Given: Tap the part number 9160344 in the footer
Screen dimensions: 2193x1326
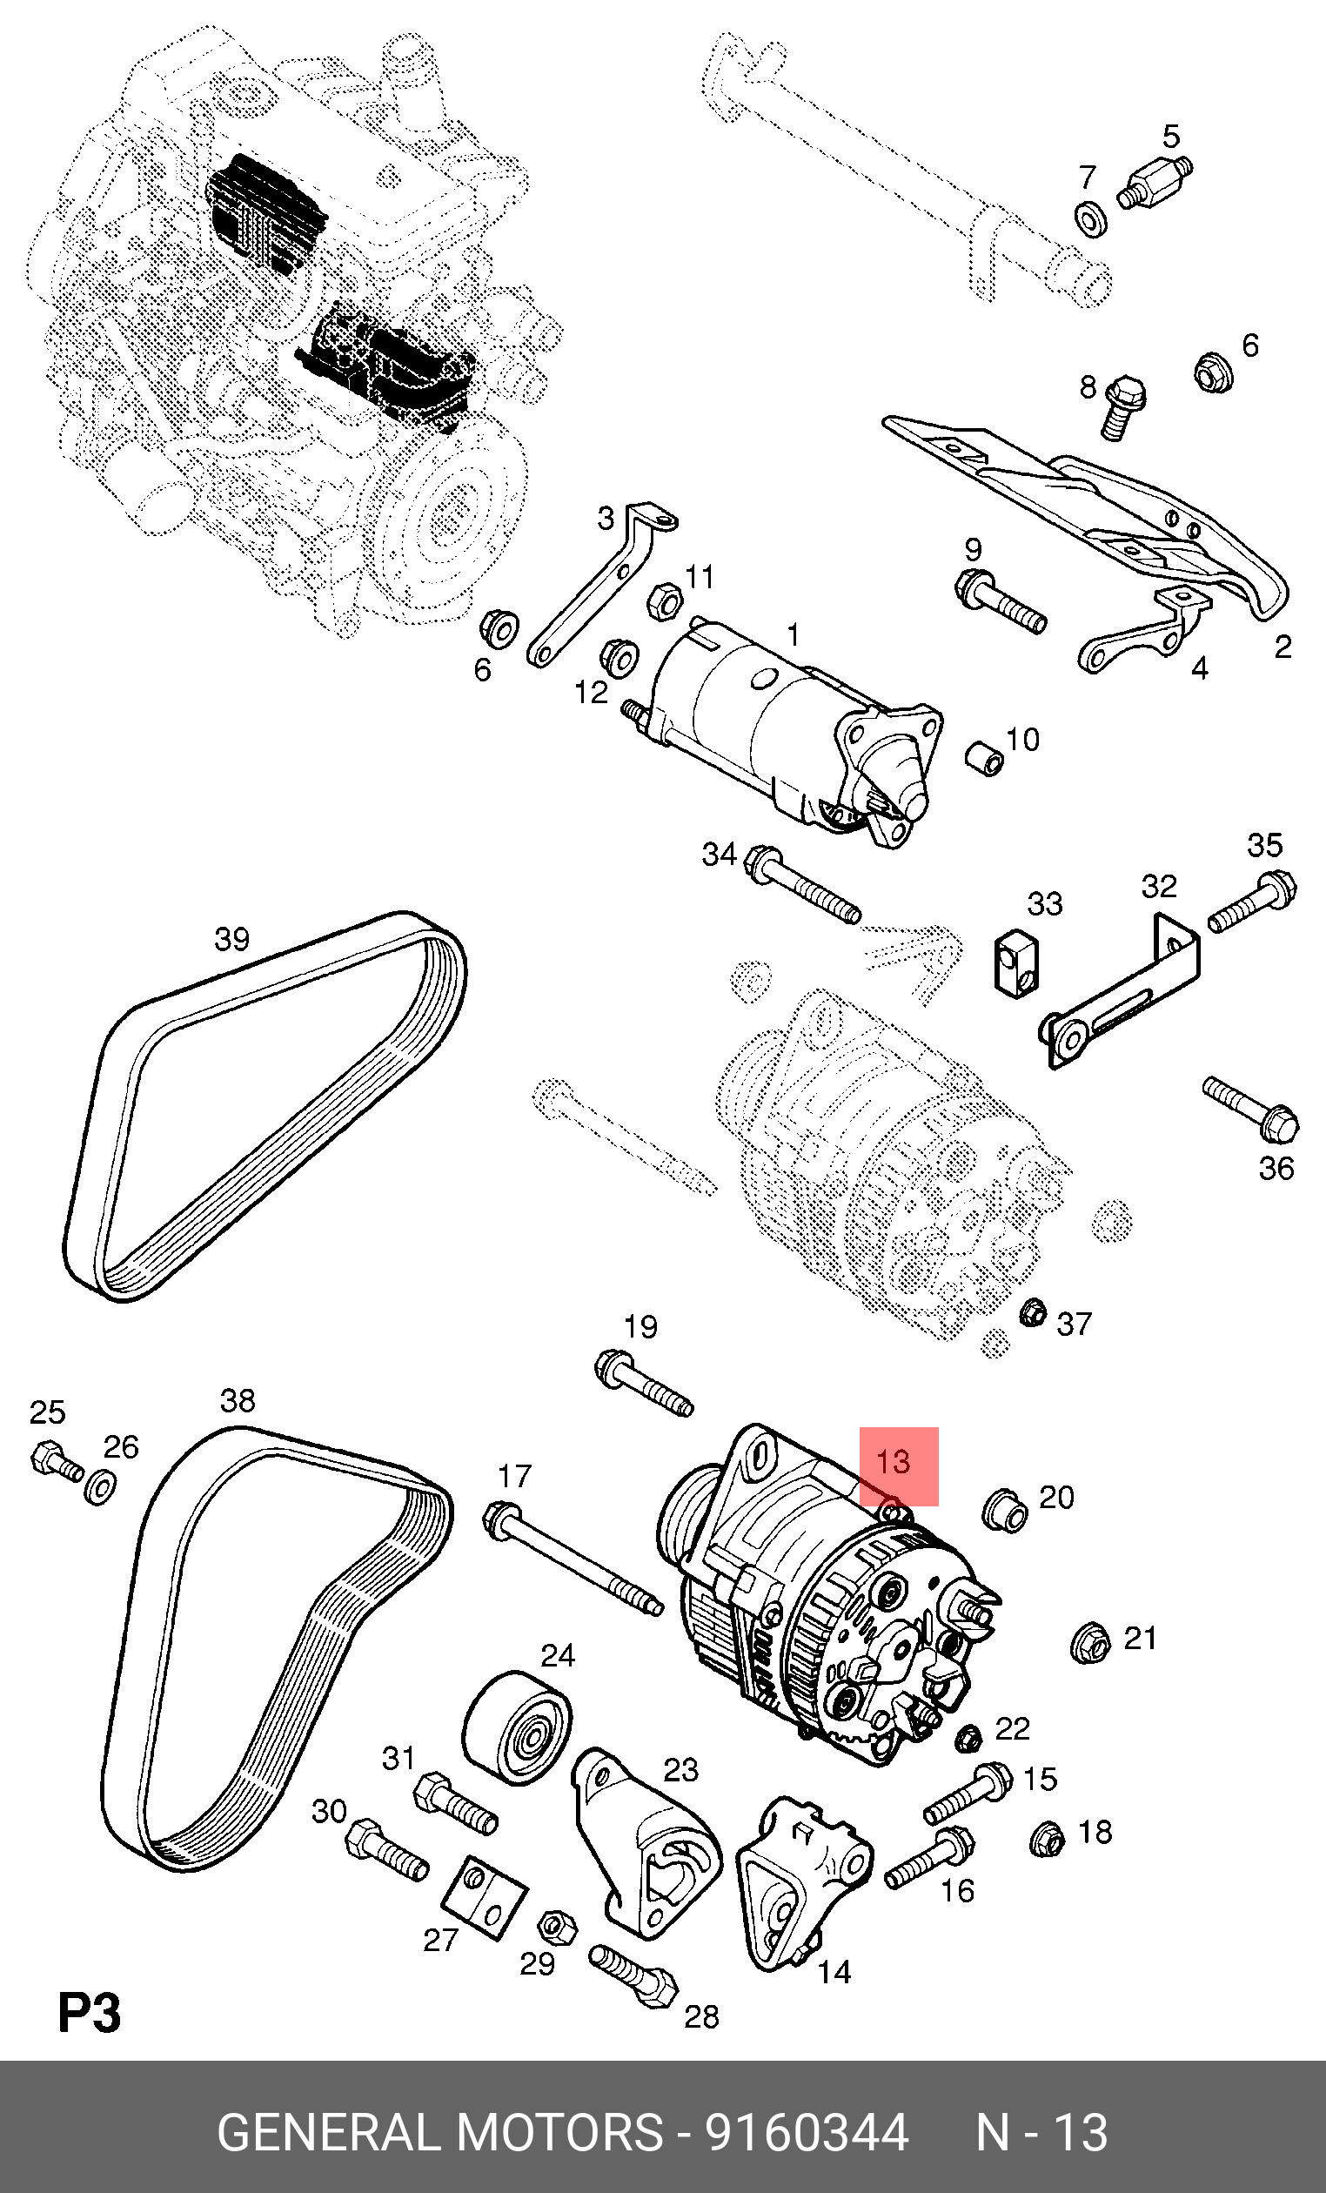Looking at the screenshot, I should click(807, 2131).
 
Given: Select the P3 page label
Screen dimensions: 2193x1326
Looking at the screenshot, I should click(89, 2013).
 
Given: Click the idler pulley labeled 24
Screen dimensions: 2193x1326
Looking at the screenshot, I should click(517, 1726).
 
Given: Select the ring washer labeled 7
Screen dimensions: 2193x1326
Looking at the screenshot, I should click(1091, 219).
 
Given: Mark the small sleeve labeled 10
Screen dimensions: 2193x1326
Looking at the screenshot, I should click(984, 757).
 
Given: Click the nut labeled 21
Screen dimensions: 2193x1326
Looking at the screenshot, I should click(1089, 1642).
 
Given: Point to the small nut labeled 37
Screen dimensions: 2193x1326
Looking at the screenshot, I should click(1032, 1312).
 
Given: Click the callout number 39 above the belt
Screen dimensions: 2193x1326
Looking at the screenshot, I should click(232, 938).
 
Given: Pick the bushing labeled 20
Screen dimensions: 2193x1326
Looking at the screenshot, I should click(1005, 1511).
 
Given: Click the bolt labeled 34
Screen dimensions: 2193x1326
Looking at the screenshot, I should click(801, 883).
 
